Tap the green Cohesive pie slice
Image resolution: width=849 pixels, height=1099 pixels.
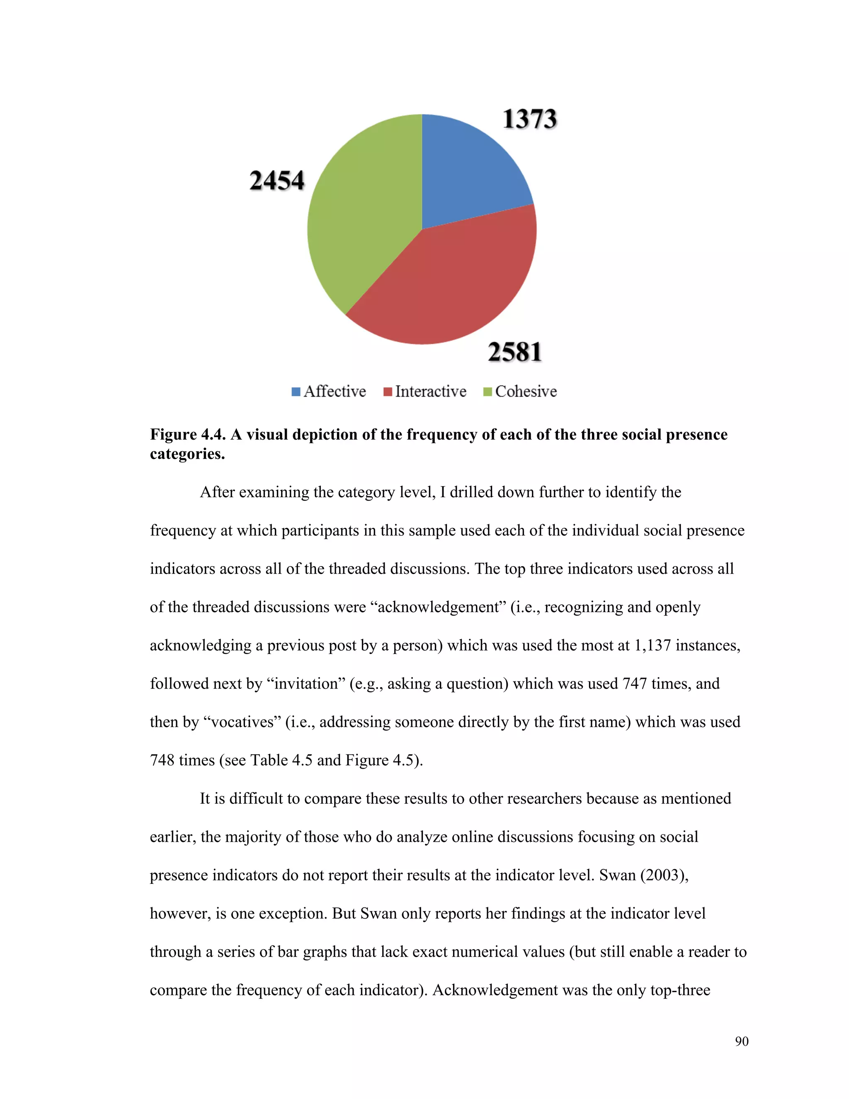pos(362,216)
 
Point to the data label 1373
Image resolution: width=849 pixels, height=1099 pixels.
pos(530,120)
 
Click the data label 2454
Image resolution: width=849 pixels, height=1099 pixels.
pos(277,181)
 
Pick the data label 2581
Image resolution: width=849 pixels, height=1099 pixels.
pos(514,352)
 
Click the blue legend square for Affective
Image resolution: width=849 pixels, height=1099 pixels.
pos(296,392)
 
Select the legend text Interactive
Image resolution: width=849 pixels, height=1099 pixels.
pos(431,391)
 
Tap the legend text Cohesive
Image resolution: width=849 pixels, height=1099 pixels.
pos(526,391)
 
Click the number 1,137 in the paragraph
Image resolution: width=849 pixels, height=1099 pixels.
pos(653,645)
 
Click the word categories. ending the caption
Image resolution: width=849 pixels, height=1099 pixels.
pos(187,454)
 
